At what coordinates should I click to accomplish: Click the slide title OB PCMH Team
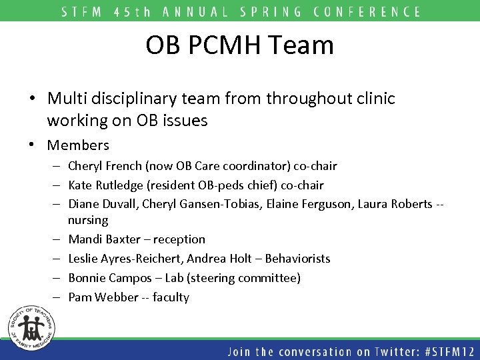(x=240, y=45)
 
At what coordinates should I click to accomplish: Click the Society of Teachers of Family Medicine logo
(x=30, y=328)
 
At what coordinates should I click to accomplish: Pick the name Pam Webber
(x=97, y=297)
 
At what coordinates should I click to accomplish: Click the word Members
(x=78, y=145)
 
